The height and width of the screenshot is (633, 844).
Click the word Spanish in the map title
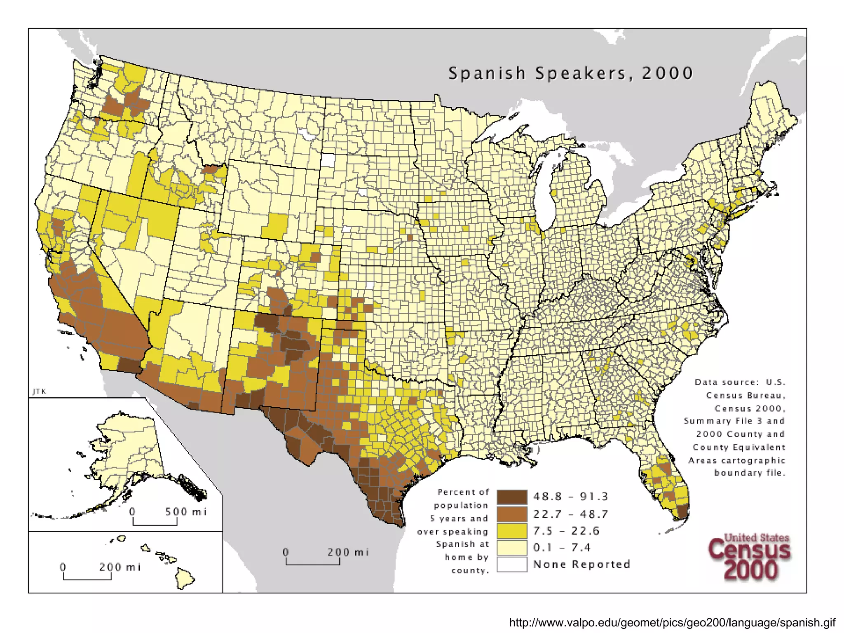[487, 73]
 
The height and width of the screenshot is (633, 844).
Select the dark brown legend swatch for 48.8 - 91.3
[512, 497]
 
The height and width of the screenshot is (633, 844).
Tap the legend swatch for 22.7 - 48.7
[512, 514]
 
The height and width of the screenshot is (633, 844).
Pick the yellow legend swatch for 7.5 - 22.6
[512, 531]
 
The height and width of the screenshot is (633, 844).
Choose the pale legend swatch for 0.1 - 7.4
[512, 548]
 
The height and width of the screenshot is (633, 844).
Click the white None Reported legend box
[512, 564]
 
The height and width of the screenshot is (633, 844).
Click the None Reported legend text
[581, 564]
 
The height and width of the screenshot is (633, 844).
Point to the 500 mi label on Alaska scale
[185, 512]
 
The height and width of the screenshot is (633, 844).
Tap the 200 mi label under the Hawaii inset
[120, 567]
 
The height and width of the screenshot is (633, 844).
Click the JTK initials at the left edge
[40, 392]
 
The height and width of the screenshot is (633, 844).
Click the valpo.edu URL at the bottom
[672, 622]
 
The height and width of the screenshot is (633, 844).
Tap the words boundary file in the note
[750, 473]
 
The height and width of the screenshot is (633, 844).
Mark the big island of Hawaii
[184, 578]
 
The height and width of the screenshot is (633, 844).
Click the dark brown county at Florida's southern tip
[682, 512]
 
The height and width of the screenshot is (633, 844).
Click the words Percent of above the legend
[463, 492]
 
